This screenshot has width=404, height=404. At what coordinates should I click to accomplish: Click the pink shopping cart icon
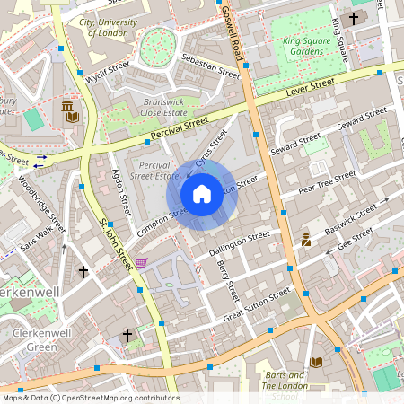point(141,263)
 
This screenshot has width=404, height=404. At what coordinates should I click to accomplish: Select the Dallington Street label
point(239,245)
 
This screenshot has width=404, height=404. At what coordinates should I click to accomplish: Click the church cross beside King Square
point(354,18)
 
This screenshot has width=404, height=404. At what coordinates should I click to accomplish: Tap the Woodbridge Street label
point(41,203)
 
